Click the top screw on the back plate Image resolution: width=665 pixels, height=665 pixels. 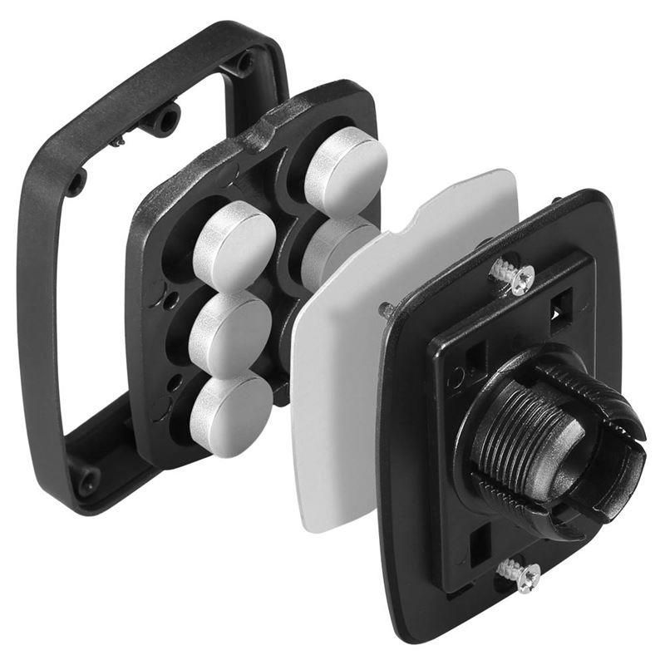pyautogui.click(x=513, y=276)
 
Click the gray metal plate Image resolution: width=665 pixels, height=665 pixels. pyautogui.click(x=349, y=391)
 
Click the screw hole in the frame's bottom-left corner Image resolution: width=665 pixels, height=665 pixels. pyautogui.click(x=86, y=480)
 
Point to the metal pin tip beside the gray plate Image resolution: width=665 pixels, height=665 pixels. pyautogui.click(x=385, y=309)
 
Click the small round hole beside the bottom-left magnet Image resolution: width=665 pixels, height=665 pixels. pyautogui.click(x=175, y=384)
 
